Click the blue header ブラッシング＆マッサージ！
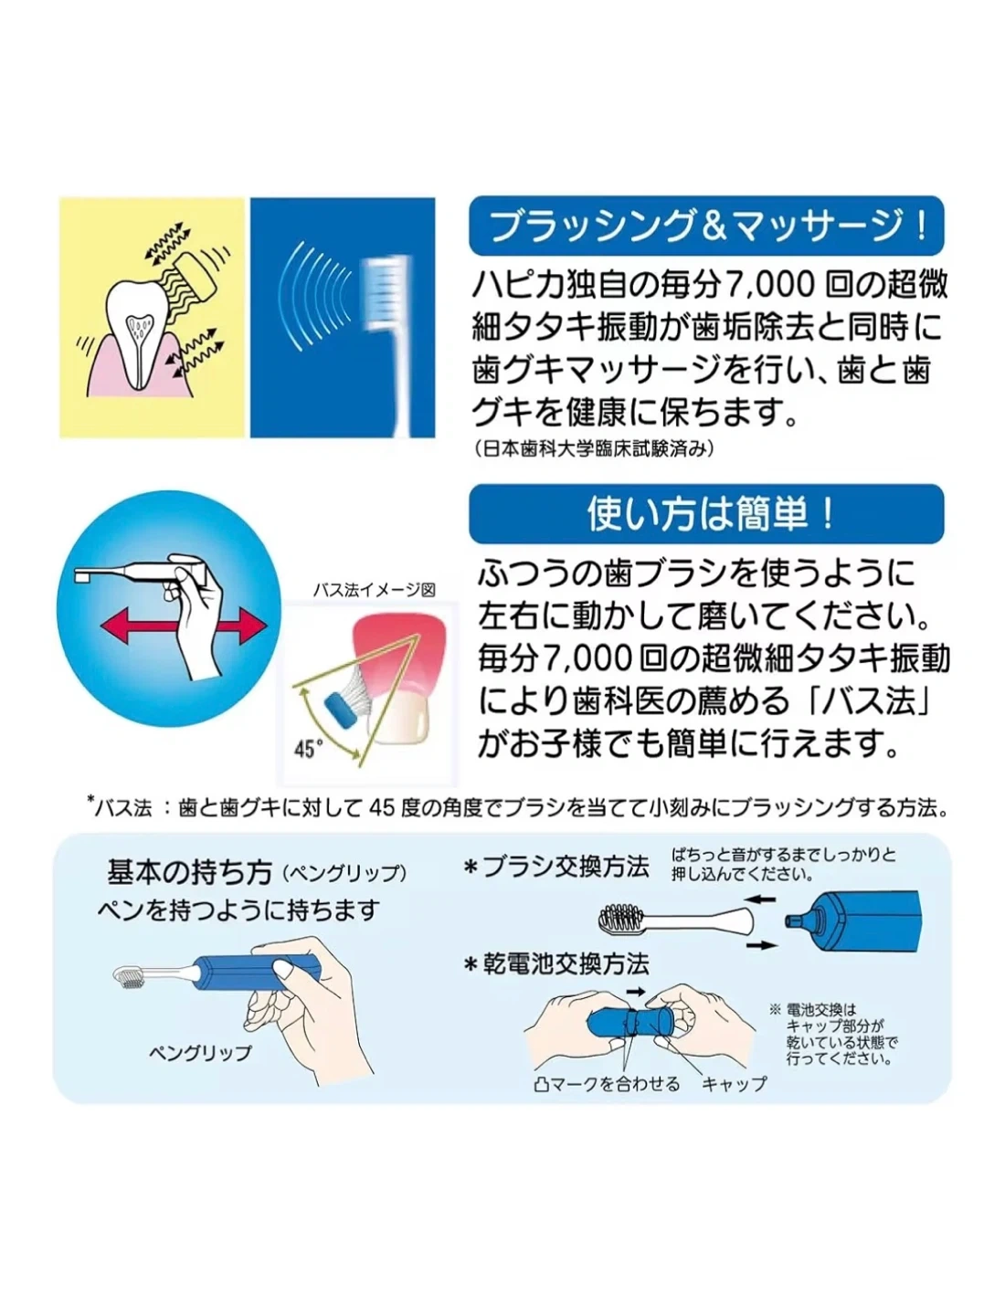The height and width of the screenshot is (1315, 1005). tap(705, 226)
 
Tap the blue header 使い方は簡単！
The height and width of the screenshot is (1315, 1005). tap(705, 514)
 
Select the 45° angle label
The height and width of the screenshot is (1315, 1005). tap(309, 748)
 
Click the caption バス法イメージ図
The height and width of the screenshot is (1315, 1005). tap(374, 590)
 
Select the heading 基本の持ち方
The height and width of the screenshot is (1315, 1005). tap(189, 872)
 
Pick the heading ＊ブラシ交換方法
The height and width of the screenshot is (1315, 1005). tap(556, 867)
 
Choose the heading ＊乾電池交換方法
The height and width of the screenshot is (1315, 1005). tap(556, 964)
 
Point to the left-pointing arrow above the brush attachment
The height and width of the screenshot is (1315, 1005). tap(762, 899)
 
